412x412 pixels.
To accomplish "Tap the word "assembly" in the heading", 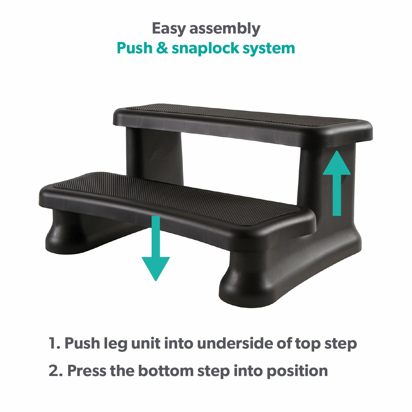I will [225, 29].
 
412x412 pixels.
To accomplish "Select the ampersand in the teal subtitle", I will [162, 48].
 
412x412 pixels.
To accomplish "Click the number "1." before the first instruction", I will [54, 343].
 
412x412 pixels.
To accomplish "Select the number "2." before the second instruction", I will [55, 371].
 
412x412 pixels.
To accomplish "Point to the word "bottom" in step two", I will [166, 371].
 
